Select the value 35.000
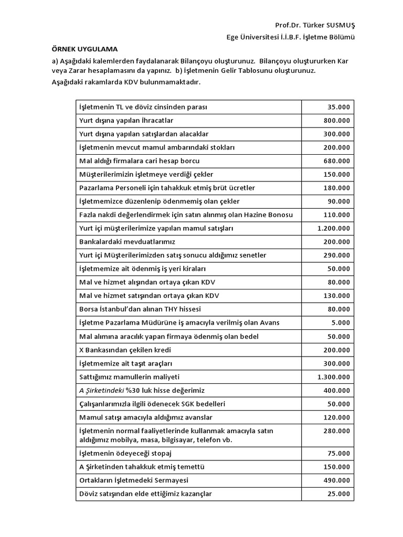click(x=338, y=107)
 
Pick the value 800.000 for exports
click(x=336, y=120)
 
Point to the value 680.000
click(x=336, y=160)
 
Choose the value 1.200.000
click(x=333, y=228)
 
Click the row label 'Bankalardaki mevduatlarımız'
click(x=126, y=242)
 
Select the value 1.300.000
click(x=333, y=377)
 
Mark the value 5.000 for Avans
click(x=341, y=323)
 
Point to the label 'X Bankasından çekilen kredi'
click(x=125, y=350)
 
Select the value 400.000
click(x=336, y=390)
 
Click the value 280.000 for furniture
click(x=336, y=431)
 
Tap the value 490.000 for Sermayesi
click(x=336, y=480)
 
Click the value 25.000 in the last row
click(x=338, y=493)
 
